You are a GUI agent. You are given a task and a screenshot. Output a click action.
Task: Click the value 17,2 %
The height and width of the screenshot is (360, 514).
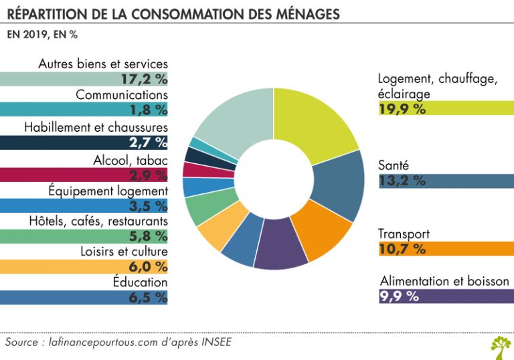[144, 78]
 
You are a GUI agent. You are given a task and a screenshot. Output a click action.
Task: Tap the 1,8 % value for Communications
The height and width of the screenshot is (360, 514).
[148, 110]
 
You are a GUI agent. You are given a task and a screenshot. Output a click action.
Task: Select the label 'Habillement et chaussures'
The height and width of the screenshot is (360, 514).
[96, 126]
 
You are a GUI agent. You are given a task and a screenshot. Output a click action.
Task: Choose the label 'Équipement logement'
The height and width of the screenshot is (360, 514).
[108, 191]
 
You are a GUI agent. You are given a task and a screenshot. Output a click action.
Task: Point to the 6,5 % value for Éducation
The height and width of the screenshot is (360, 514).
[148, 298]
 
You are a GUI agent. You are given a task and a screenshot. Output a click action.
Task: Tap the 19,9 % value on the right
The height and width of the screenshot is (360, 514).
[402, 109]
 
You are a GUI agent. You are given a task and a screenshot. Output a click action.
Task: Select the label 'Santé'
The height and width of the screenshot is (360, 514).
[393, 165]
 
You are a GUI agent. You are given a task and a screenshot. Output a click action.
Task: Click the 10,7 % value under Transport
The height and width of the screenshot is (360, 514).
[402, 249]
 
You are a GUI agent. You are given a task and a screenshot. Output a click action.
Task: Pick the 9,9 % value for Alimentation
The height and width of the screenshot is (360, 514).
[399, 296]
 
